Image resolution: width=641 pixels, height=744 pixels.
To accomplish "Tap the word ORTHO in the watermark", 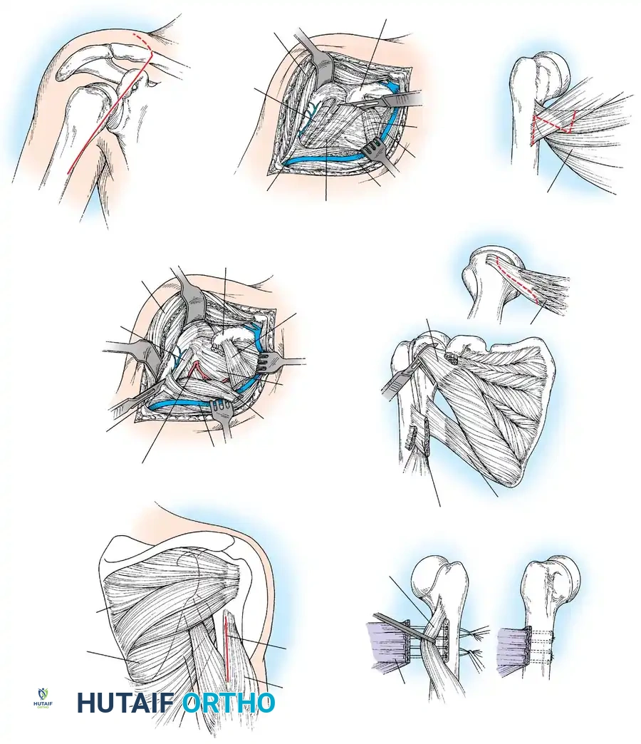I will point(228,703).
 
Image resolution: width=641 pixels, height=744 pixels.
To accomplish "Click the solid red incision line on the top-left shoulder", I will point(107,121).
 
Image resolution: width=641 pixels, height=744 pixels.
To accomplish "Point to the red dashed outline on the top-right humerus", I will point(552,128).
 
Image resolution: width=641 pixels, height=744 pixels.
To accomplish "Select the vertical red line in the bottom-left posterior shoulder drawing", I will point(227,649).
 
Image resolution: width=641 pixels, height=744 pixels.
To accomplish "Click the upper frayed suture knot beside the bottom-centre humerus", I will point(476,633).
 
